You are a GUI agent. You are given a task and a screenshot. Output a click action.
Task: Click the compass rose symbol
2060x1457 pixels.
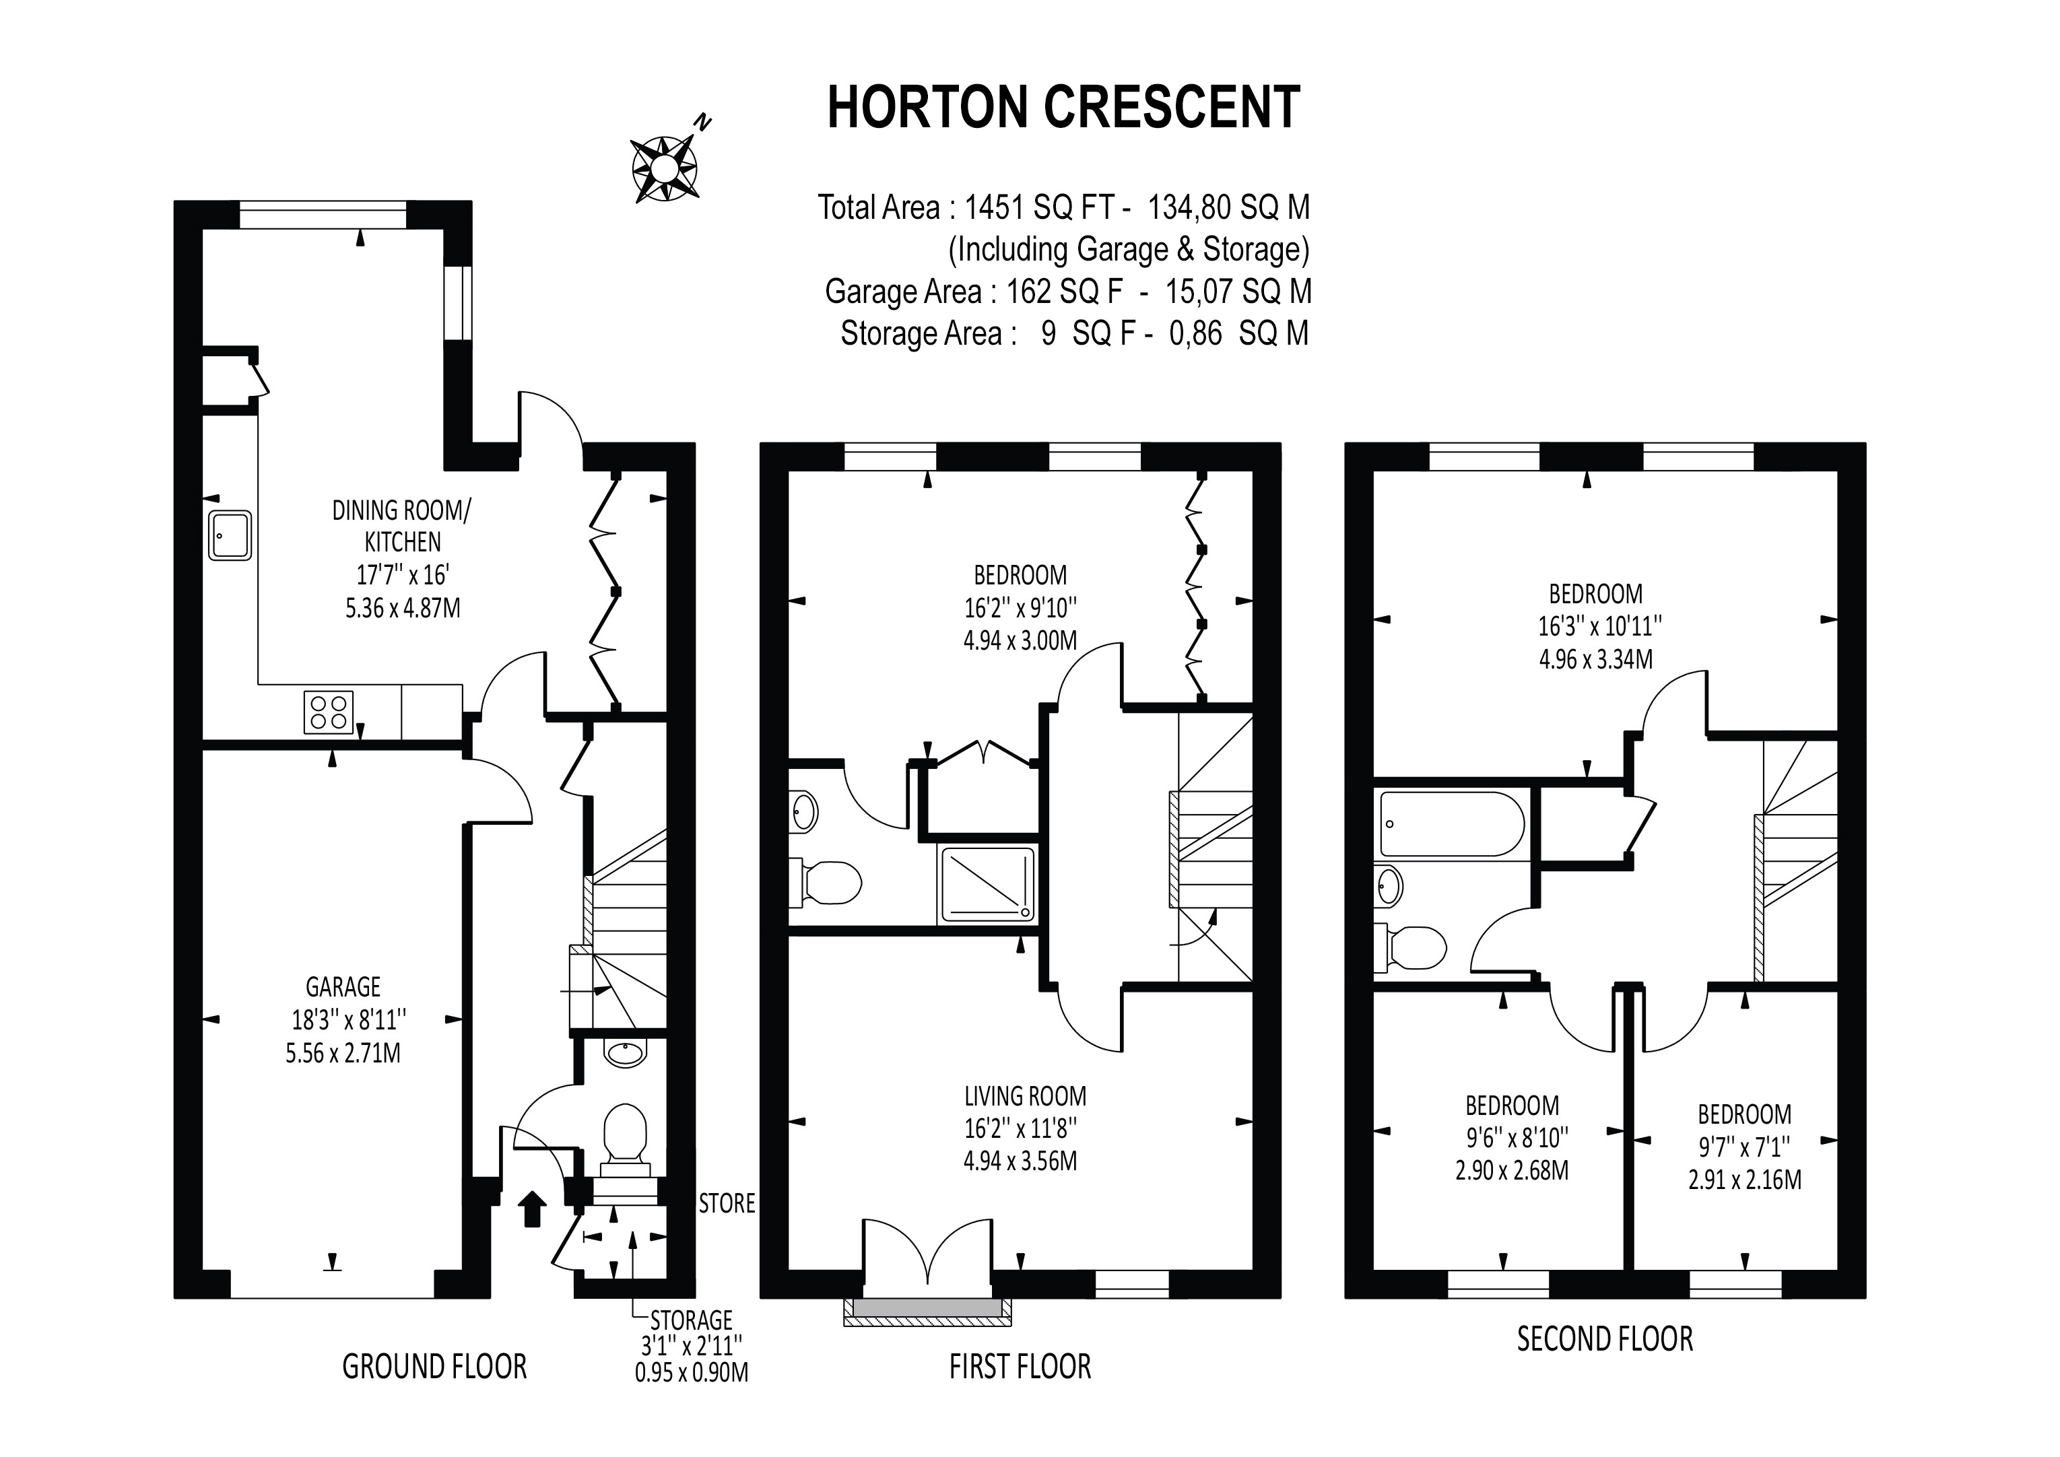tap(665, 168)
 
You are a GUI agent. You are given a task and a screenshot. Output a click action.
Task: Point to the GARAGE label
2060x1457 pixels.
tap(343, 987)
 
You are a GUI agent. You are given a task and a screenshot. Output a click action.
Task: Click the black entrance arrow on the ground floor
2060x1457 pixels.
tap(533, 1208)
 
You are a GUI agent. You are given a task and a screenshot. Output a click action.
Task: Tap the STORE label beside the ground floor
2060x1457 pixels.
tap(727, 1203)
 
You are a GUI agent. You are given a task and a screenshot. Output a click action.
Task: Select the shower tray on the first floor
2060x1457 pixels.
tap(987, 884)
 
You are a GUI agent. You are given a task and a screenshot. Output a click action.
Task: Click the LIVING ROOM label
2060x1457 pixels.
tap(1025, 1095)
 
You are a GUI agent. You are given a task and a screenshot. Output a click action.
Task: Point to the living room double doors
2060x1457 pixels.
tap(928, 1252)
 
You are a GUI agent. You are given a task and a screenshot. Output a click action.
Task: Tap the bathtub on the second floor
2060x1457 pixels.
tap(1451, 823)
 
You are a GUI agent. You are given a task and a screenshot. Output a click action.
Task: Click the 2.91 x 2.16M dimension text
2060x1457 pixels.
tap(1744, 1179)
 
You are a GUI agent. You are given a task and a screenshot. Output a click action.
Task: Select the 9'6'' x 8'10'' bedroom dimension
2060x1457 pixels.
tap(1517, 1138)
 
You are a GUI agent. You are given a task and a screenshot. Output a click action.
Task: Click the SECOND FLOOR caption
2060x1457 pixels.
tap(1604, 1339)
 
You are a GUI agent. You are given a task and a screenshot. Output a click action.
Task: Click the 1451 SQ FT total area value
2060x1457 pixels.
tap(1039, 208)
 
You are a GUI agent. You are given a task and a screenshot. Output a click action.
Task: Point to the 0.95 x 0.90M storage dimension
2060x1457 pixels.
tap(691, 1373)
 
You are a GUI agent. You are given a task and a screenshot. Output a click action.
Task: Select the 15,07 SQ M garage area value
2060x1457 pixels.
tap(1238, 292)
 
